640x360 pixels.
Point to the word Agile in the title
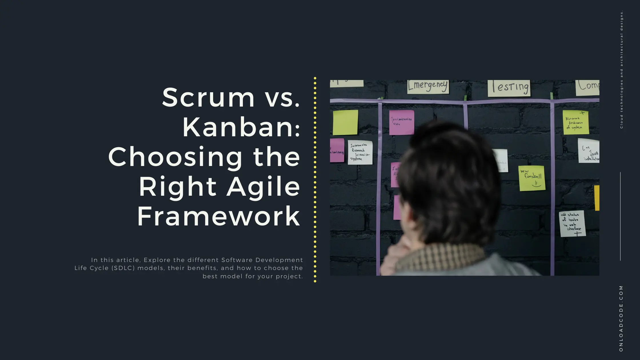click(x=263, y=187)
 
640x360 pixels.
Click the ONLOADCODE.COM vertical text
click(x=621, y=318)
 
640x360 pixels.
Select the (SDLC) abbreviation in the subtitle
click(x=123, y=268)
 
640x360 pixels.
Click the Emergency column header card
click(x=428, y=86)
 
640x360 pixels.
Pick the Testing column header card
click(x=509, y=88)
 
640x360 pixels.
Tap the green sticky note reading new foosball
click(x=532, y=178)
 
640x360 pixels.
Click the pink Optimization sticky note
click(x=401, y=122)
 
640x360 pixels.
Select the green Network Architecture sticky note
click(x=575, y=122)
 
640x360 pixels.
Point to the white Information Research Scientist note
click(x=360, y=152)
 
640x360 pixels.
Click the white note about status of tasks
click(x=572, y=224)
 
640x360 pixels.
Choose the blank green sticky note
click(x=345, y=122)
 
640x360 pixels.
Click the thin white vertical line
click(x=620, y=216)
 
